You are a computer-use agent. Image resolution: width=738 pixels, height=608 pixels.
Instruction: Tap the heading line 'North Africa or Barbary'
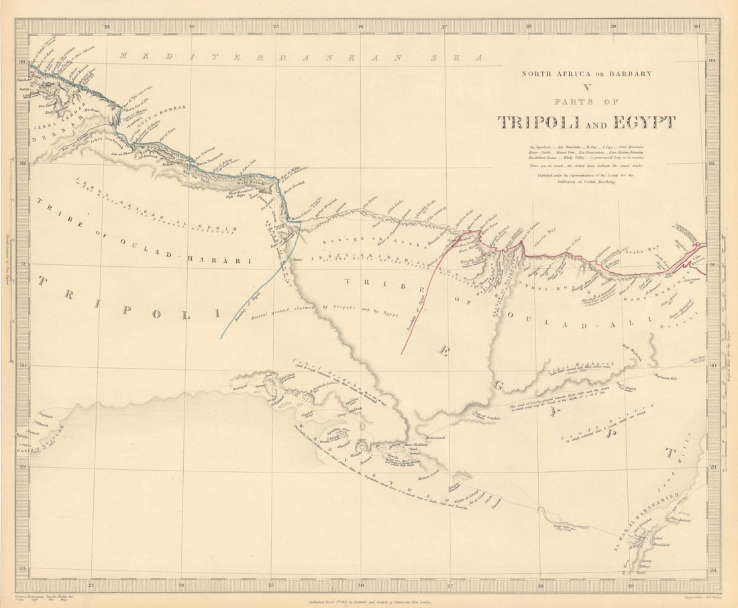[586, 74]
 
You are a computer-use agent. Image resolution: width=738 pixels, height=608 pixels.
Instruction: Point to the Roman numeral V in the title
[586, 87]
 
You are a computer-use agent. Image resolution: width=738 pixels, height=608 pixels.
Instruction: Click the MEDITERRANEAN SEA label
[301, 57]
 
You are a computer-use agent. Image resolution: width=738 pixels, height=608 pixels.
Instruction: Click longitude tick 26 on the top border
[360, 27]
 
